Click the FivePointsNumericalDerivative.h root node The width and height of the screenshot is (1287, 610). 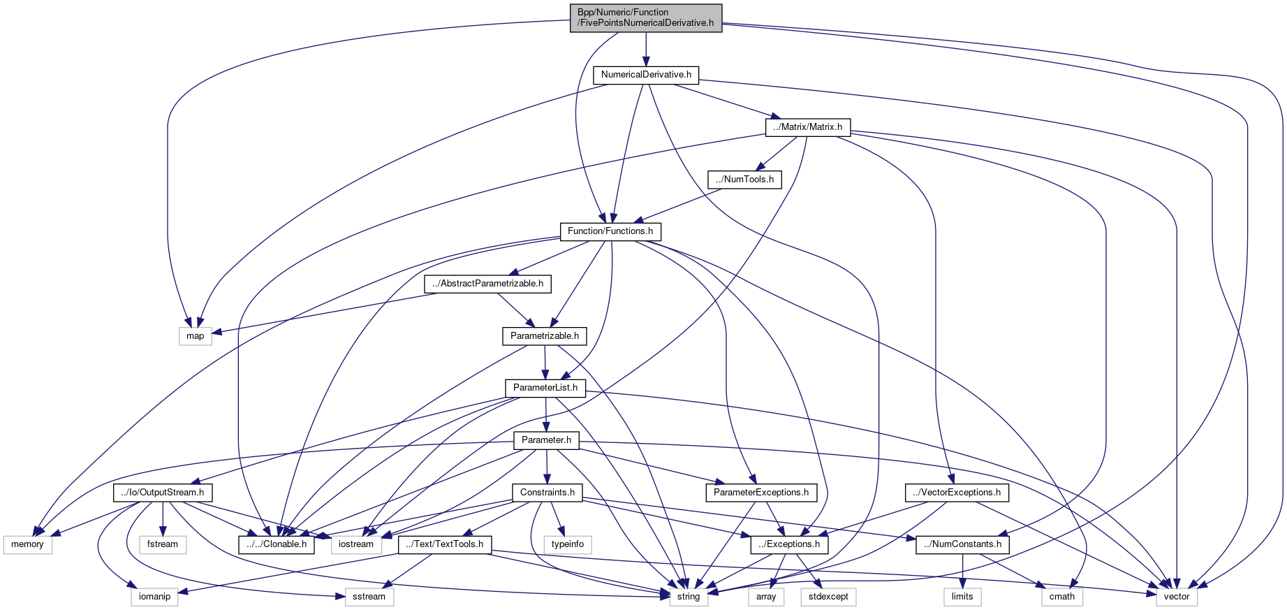click(x=646, y=17)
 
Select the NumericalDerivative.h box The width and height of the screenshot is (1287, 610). click(x=646, y=75)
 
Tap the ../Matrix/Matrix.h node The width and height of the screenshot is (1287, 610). click(x=808, y=127)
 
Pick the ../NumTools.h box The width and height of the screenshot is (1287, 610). click(x=744, y=180)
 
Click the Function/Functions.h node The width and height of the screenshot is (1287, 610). click(x=610, y=231)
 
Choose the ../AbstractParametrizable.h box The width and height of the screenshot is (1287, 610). click(x=487, y=284)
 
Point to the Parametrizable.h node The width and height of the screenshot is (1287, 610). click(x=545, y=336)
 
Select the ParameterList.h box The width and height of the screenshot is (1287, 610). click(x=545, y=388)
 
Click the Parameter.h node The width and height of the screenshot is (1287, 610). click(x=546, y=440)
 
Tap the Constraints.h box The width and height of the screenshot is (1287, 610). click(x=547, y=493)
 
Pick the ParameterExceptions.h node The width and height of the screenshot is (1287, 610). click(x=761, y=493)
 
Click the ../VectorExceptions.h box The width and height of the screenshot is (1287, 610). click(x=957, y=493)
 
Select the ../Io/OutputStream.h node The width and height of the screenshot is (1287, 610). click(x=163, y=493)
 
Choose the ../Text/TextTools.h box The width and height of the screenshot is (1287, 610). click(x=445, y=544)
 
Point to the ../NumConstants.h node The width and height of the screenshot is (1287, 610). click(x=962, y=544)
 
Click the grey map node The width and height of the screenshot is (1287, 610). click(x=196, y=336)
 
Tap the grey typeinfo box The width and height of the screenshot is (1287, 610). click(x=568, y=544)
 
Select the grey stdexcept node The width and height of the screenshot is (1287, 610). click(x=829, y=597)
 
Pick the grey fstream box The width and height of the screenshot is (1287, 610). click(x=163, y=544)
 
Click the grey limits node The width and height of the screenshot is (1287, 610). click(x=962, y=597)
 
